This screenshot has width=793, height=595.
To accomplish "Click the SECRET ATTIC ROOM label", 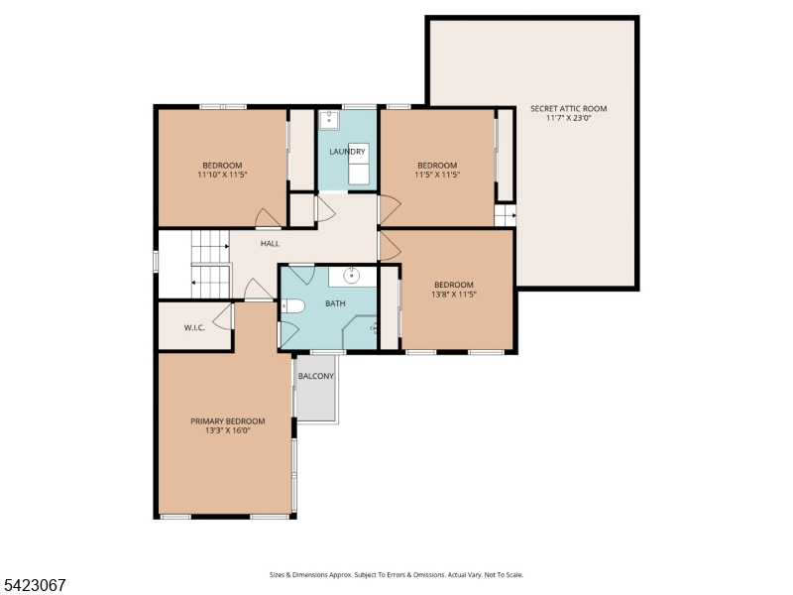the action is pos(568,108).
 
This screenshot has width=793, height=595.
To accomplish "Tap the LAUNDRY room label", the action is pos(347,152).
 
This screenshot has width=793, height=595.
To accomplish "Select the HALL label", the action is pos(270,243).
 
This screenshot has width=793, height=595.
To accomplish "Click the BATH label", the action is pos(335,303).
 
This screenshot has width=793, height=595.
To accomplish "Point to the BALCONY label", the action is pos(316,376).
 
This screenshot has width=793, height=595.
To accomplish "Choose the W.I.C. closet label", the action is pos(194,327).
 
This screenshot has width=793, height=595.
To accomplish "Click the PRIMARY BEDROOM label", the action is pos(228,420).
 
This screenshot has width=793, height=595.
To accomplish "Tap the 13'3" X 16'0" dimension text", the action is pos(228,430).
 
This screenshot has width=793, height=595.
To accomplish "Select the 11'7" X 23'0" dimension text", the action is pos(568,118).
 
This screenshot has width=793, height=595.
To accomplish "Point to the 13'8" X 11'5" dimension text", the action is pos(454,294).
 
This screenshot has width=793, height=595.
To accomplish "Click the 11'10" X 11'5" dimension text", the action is pos(222,175).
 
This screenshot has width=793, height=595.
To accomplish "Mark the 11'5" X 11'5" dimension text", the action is pos(437,175).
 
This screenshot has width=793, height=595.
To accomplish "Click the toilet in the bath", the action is pos(292,305).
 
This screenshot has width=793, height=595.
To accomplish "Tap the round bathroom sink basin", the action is pos(352,276).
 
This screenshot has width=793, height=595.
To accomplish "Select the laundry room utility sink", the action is pos(329,120).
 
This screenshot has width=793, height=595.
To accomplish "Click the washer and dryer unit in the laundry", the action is pos(358,164).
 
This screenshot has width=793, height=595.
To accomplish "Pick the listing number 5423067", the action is pos(33,585).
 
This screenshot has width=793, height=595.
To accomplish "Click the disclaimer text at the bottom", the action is pos(396,575).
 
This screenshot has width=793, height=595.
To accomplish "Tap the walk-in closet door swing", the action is pos(222,317).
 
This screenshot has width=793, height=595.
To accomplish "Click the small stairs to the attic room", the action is pos(505,216).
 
